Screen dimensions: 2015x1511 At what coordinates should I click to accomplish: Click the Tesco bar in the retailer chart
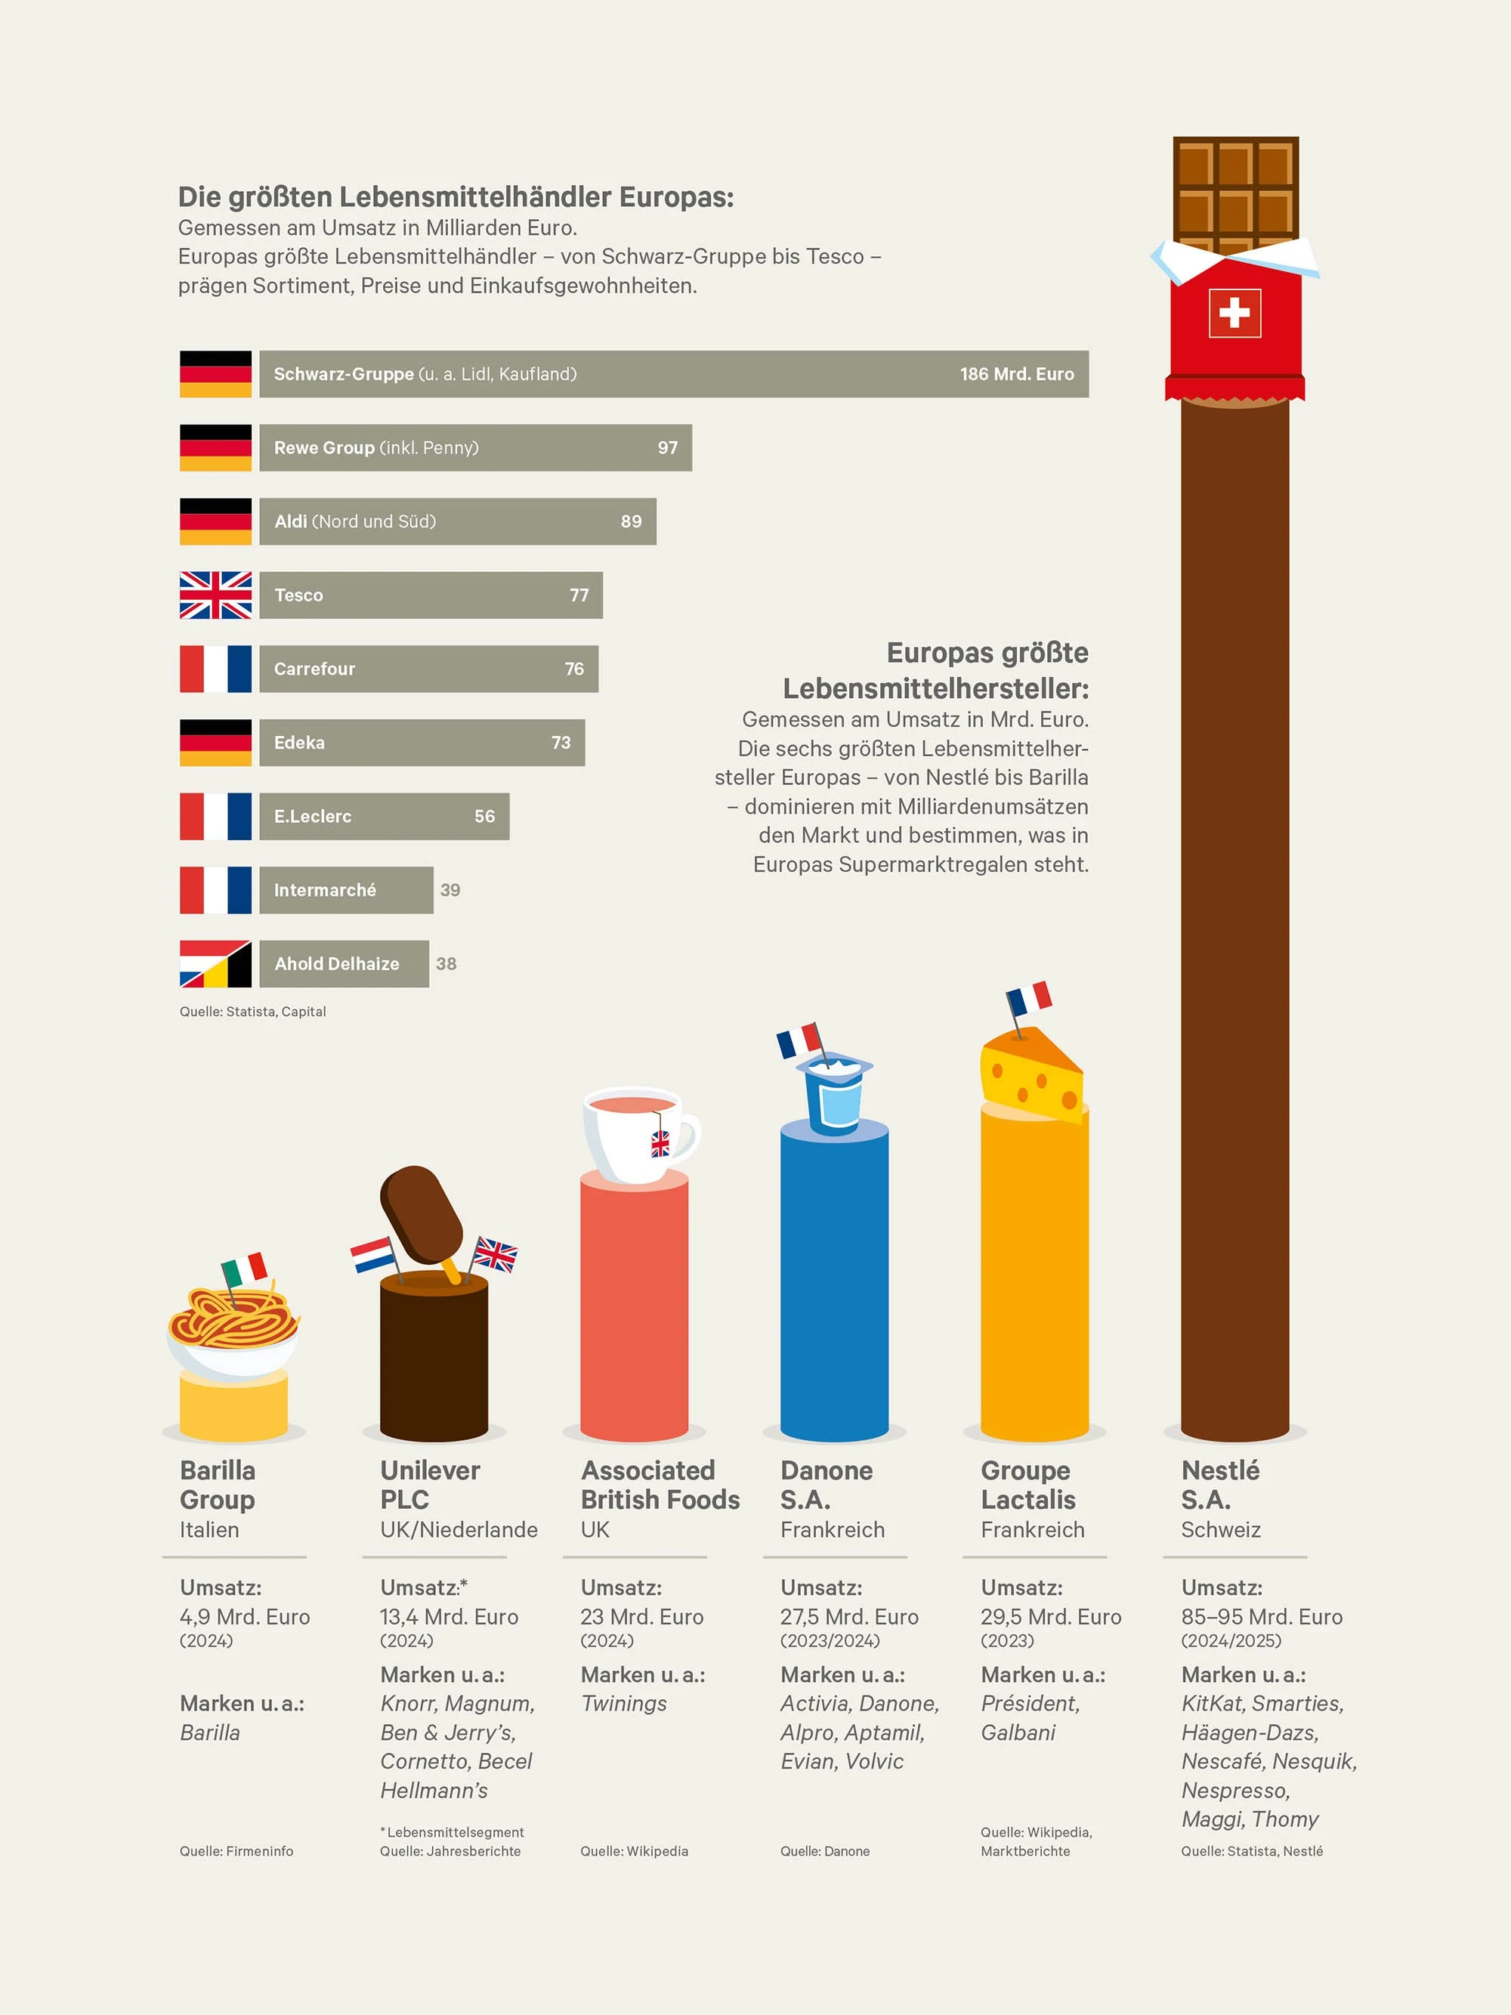[430, 595]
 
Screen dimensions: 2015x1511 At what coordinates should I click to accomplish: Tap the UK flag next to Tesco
[215, 595]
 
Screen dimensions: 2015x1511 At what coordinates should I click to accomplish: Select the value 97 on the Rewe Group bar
[668, 447]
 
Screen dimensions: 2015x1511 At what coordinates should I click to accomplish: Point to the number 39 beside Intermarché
[450, 890]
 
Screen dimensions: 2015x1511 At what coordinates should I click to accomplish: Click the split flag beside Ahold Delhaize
[215, 964]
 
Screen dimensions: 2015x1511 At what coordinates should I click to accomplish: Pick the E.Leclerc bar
[384, 816]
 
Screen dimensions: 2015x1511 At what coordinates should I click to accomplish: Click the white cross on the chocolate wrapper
[1234, 314]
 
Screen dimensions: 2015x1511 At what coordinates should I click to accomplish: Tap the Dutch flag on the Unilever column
[372, 1254]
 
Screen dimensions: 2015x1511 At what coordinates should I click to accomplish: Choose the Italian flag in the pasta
[244, 1268]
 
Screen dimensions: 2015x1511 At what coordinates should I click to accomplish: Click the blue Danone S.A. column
[833, 1284]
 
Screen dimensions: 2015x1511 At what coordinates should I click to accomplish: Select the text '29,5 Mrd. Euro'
[1050, 1616]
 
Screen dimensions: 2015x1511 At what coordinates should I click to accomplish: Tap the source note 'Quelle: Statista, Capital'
[252, 1011]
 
